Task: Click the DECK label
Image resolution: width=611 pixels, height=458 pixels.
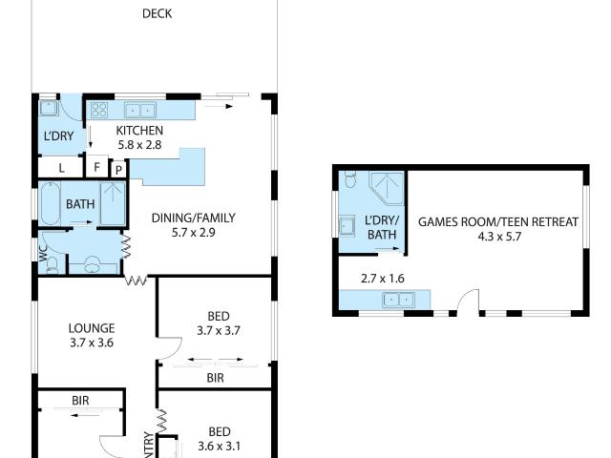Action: [x=158, y=13]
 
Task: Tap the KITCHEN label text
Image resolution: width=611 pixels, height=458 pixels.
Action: [x=139, y=131]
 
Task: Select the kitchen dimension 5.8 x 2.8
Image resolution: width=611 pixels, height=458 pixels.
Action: [x=139, y=145]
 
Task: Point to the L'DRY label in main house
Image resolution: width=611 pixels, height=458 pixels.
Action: [x=58, y=136]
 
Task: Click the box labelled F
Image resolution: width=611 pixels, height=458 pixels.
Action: [x=96, y=167]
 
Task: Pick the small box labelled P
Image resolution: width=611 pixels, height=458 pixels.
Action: [x=117, y=169]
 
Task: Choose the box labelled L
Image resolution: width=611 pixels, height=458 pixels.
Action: [x=62, y=167]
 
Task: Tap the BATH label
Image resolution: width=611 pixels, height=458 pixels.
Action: [x=79, y=203]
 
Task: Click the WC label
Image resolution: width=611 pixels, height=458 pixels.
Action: [x=43, y=253]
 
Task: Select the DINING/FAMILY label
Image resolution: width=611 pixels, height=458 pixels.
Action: [x=193, y=218]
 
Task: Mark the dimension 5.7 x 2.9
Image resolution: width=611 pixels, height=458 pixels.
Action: [x=193, y=232]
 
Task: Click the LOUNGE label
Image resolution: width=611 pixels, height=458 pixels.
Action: [x=92, y=328]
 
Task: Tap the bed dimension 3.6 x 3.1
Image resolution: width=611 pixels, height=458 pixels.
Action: [x=220, y=445]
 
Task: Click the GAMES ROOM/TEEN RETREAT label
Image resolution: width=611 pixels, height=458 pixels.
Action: [x=498, y=221]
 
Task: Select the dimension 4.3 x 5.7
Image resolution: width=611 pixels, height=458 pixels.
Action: [x=498, y=236]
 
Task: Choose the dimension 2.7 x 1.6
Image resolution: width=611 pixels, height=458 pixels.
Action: [x=382, y=279]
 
